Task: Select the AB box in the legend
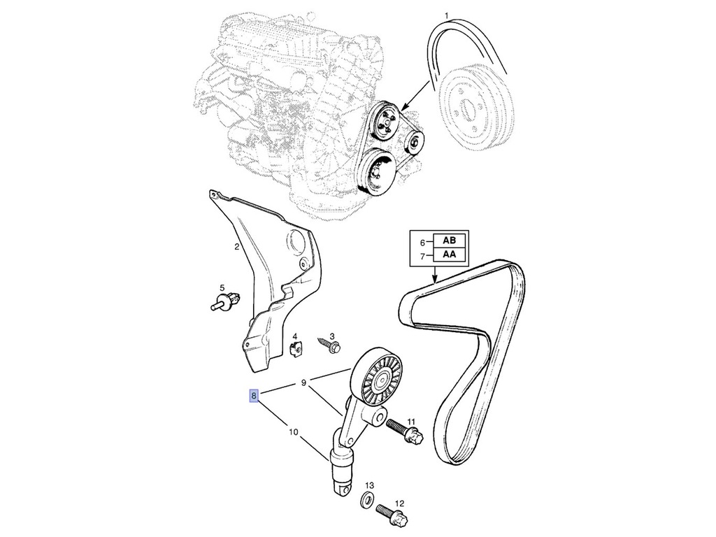(x=450, y=241)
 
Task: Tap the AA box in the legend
(x=450, y=255)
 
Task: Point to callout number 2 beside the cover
(x=236, y=248)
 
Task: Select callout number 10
(x=293, y=431)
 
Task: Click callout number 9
(x=303, y=382)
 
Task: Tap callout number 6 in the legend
(x=422, y=243)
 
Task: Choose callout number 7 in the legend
(x=422, y=257)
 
